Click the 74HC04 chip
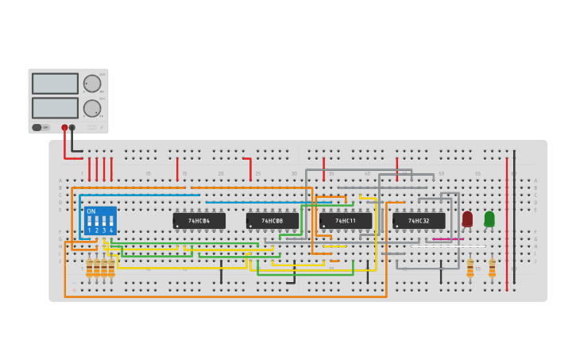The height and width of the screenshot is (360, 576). pyautogui.click(x=199, y=221)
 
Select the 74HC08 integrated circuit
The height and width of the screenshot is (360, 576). pyautogui.click(x=272, y=221)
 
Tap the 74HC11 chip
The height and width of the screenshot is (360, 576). pyautogui.click(x=346, y=221)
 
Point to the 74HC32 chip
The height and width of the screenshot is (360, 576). pyautogui.click(x=419, y=221)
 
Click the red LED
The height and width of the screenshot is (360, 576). pyautogui.click(x=467, y=218)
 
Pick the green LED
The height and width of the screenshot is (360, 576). pyautogui.click(x=489, y=218)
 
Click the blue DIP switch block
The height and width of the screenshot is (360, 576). pyautogui.click(x=100, y=221)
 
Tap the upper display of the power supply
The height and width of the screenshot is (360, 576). pyautogui.click(x=55, y=83)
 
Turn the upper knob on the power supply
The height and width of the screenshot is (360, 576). pyautogui.click(x=92, y=83)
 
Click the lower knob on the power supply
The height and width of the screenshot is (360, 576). pyautogui.click(x=92, y=108)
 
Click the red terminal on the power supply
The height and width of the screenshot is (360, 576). pyautogui.click(x=64, y=127)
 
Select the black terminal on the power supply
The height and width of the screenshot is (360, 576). pyautogui.click(x=72, y=127)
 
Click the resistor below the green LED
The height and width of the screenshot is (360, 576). pyautogui.click(x=492, y=267)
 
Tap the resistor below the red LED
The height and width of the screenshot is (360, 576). pyautogui.click(x=470, y=267)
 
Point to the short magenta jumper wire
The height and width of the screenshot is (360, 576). pyautogui.click(x=448, y=238)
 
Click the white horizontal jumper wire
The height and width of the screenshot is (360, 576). pyautogui.click(x=447, y=246)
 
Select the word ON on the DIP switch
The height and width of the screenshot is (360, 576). pyautogui.click(x=91, y=211)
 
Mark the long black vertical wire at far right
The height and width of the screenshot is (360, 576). pyautogui.click(x=514, y=215)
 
